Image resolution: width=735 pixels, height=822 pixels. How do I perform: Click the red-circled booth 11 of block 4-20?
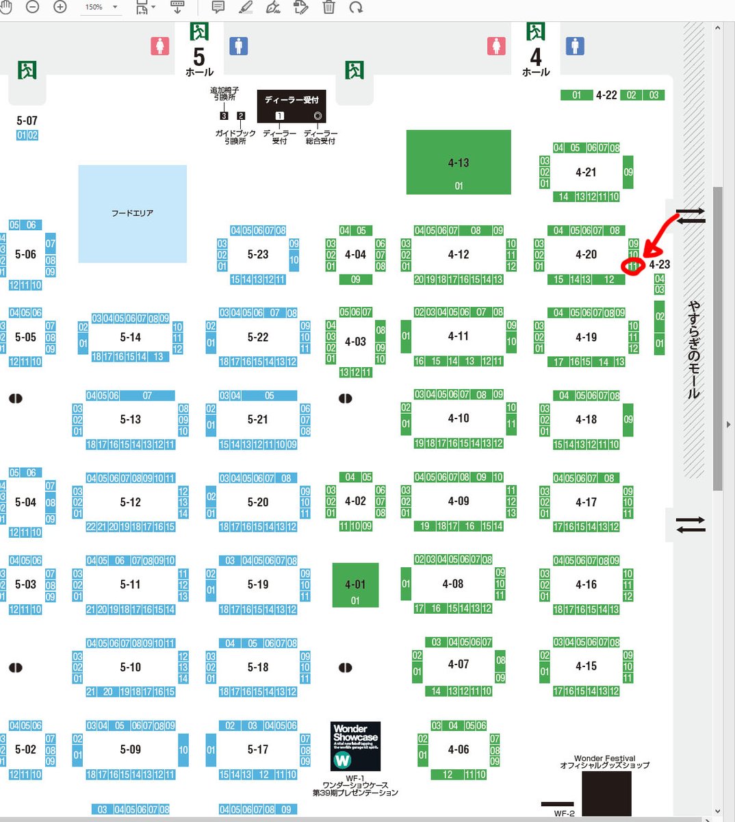633,266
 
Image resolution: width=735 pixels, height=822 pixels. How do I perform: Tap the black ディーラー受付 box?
292,106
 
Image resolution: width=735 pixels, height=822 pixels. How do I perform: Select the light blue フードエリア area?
132,214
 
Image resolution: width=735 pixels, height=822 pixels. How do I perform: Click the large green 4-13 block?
459,163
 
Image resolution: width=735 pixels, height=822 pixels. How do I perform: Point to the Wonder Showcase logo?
355,746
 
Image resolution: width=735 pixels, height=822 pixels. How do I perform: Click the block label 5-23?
258,254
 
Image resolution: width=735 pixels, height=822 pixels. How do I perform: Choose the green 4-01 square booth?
355,585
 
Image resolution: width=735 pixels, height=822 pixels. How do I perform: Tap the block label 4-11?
459,336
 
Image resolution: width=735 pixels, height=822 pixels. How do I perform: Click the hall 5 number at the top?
199,56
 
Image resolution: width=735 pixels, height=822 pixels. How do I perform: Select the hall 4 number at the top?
536,56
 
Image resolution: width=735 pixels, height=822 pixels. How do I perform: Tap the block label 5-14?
131,337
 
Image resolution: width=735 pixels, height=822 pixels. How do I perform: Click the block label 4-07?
459,664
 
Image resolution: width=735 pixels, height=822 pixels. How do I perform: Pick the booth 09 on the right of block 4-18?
628,419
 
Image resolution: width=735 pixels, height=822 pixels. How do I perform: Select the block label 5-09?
131,749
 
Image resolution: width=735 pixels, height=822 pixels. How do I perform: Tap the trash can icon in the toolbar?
329,8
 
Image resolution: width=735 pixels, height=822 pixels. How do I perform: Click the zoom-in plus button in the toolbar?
60,7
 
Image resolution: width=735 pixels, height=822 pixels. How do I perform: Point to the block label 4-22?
606,95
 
